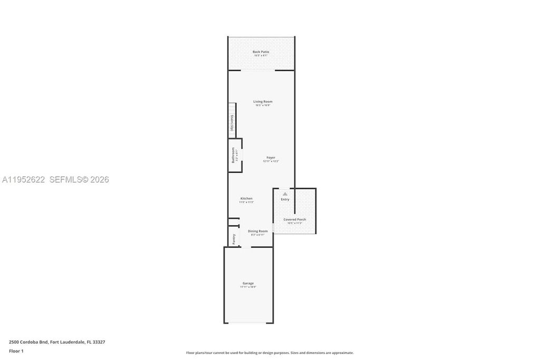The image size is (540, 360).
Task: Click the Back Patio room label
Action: (x=261, y=52)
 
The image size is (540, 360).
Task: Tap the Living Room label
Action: (x=263, y=101)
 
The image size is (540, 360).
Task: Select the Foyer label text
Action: (x=271, y=157)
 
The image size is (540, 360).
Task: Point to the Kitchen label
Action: (x=246, y=198)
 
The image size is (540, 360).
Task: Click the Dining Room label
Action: (x=258, y=231)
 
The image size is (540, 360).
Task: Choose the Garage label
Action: (x=248, y=283)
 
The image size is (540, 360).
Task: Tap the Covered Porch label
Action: (x=294, y=219)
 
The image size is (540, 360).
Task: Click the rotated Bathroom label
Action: (x=233, y=154)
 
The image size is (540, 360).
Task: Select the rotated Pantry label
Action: (x=234, y=239)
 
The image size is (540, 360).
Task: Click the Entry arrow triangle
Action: (x=285, y=194)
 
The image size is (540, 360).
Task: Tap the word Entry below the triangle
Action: (x=285, y=199)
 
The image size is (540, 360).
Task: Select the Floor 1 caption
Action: (x=16, y=351)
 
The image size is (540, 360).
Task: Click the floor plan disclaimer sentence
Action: (x=269, y=353)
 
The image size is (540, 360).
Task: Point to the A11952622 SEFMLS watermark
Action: (x=55, y=180)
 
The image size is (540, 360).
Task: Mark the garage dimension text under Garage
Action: (x=248, y=287)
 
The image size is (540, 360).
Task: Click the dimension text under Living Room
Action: (x=263, y=105)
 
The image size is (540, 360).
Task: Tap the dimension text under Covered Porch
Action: (x=294, y=223)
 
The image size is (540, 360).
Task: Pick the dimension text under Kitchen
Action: (x=246, y=202)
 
